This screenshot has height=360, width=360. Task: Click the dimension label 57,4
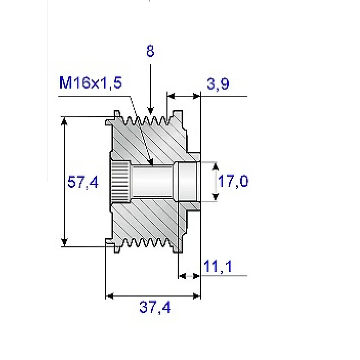tap(83, 182)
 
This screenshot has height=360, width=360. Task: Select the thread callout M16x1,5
tap(91, 82)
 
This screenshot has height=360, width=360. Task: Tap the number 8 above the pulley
tap(151, 51)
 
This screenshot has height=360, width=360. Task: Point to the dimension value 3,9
tap(218, 84)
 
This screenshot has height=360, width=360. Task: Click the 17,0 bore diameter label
tap(233, 181)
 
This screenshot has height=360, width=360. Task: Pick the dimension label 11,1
tap(218, 266)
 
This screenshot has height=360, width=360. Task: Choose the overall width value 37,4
tap(155, 307)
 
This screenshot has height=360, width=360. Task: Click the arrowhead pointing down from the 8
tap(151, 111)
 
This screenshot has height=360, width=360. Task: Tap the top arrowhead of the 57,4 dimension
tap(65, 121)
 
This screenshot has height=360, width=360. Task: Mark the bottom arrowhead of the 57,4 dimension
tap(65, 242)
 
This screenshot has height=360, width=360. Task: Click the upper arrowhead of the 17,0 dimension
tap(215, 166)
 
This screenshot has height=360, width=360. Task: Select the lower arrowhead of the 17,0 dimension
tap(216, 197)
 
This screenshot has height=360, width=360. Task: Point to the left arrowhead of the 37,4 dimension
tap(110, 296)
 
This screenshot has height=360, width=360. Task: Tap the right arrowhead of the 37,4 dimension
tap(197, 296)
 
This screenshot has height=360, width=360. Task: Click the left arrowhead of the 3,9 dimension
tap(171, 96)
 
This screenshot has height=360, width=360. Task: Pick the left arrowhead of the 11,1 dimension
tap(182, 276)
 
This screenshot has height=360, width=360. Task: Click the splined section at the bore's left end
tap(120, 182)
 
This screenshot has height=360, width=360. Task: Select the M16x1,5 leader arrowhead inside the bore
tap(151, 162)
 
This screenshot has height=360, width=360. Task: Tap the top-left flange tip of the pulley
tap(117, 113)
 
